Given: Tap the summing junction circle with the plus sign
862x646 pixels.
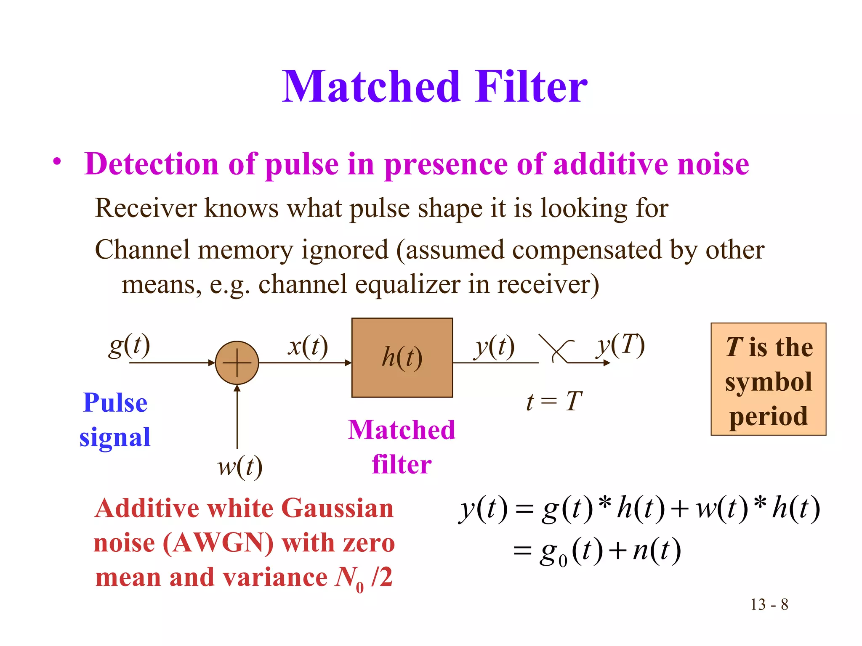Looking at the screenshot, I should [237, 363].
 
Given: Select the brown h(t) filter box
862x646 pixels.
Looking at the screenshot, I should [402, 357].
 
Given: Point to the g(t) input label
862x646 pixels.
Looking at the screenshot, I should [129, 346].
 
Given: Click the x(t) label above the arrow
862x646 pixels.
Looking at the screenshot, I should [308, 347].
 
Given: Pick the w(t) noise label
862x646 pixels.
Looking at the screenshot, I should [240, 467].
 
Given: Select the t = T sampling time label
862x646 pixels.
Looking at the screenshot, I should [554, 401].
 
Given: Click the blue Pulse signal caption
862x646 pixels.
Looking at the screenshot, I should [115, 420].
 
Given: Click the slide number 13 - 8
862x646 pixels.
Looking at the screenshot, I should [769, 605].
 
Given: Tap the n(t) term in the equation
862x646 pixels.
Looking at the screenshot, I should [657, 551].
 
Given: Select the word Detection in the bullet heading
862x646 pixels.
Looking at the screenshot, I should [152, 164].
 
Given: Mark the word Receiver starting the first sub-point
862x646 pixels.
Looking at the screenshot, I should [146, 208].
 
